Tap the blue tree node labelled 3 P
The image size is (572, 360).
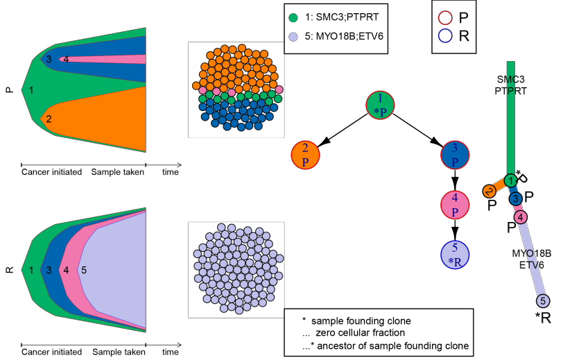coord(456,154)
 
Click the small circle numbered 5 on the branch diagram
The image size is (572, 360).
coord(544,301)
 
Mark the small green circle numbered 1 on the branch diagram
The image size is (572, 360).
coord(511,180)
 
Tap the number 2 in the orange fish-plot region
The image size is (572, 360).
coord(49,119)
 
